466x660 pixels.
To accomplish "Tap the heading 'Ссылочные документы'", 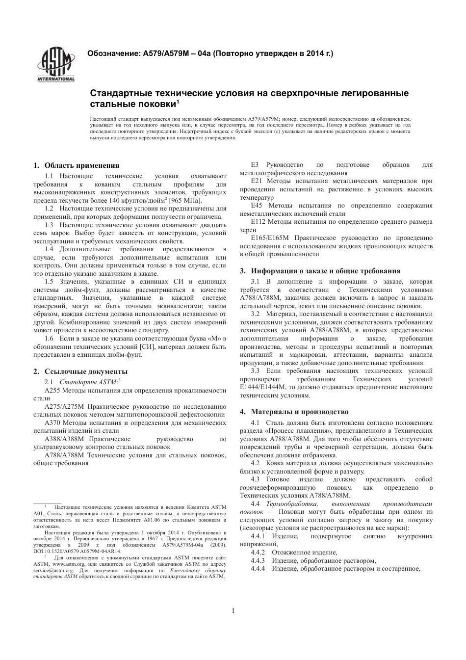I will coord(85,371).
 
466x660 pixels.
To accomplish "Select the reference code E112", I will coord(259,222).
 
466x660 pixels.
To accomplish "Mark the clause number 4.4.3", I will coord(258,560).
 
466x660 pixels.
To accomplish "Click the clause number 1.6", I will coord(49,339).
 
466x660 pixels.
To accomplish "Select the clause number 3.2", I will coord(255,314).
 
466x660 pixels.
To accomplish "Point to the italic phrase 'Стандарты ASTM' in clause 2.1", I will coord(88,382).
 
